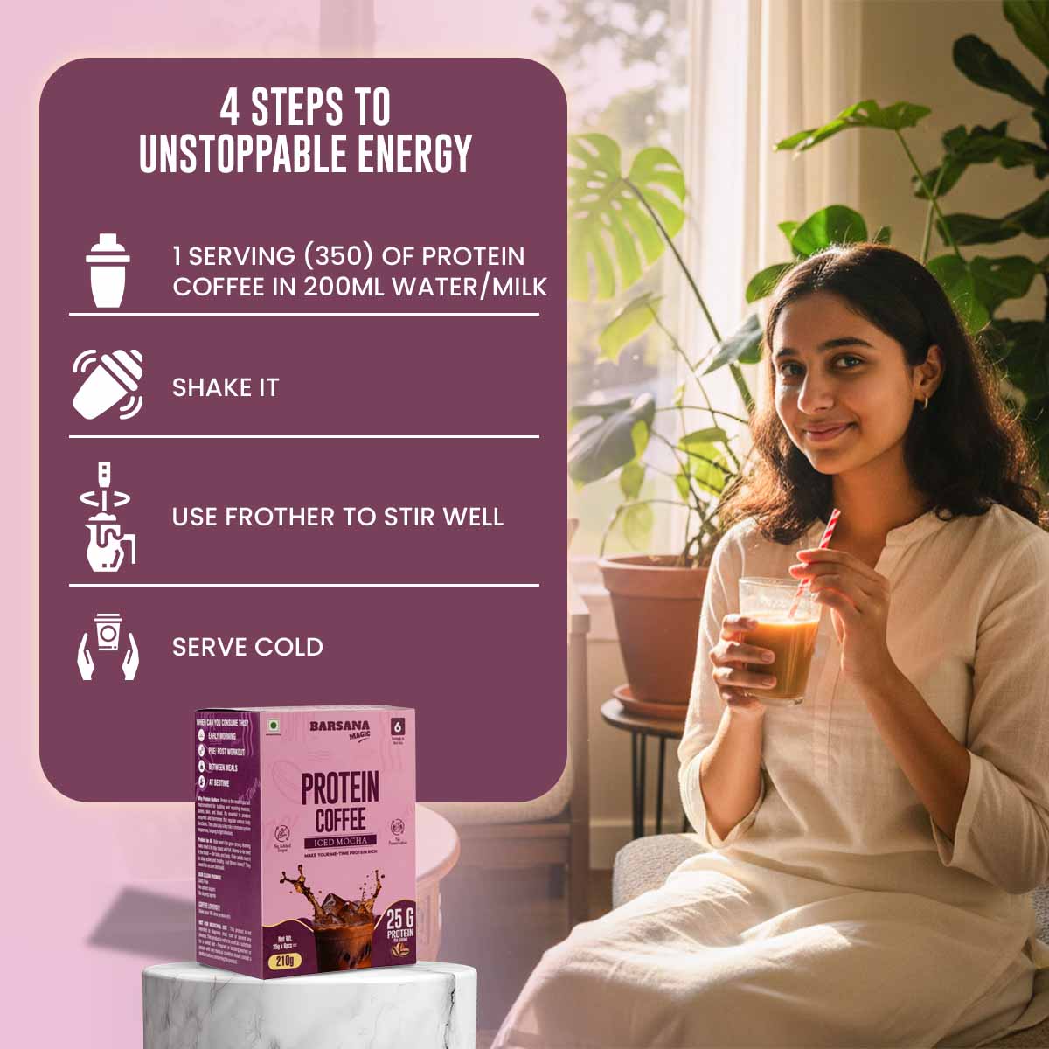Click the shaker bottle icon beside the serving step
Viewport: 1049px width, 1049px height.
point(107,271)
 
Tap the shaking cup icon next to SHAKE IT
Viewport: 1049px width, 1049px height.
point(107,385)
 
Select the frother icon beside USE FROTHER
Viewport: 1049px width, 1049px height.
point(107,518)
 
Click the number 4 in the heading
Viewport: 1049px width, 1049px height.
point(229,108)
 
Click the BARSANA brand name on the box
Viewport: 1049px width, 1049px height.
point(339,726)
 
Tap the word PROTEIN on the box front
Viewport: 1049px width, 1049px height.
point(340,788)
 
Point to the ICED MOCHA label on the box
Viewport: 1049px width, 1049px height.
point(340,842)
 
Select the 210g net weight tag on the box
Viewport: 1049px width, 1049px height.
point(285,961)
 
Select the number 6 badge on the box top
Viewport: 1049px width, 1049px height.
point(399,726)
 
